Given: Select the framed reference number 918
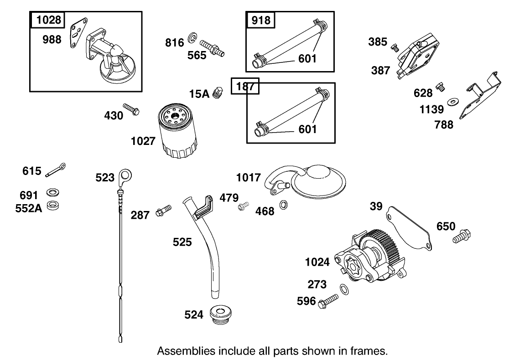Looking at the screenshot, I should click(260, 20).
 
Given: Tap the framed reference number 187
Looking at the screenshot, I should click(245, 87).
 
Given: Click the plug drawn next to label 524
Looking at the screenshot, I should click(220, 314).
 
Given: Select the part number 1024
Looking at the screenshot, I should click(317, 262).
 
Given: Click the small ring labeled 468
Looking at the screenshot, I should click(283, 205).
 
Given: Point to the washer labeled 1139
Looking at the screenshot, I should click(453, 101).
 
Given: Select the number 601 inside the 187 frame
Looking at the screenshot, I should click(307, 129).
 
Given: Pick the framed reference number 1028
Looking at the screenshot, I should click(47, 20).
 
